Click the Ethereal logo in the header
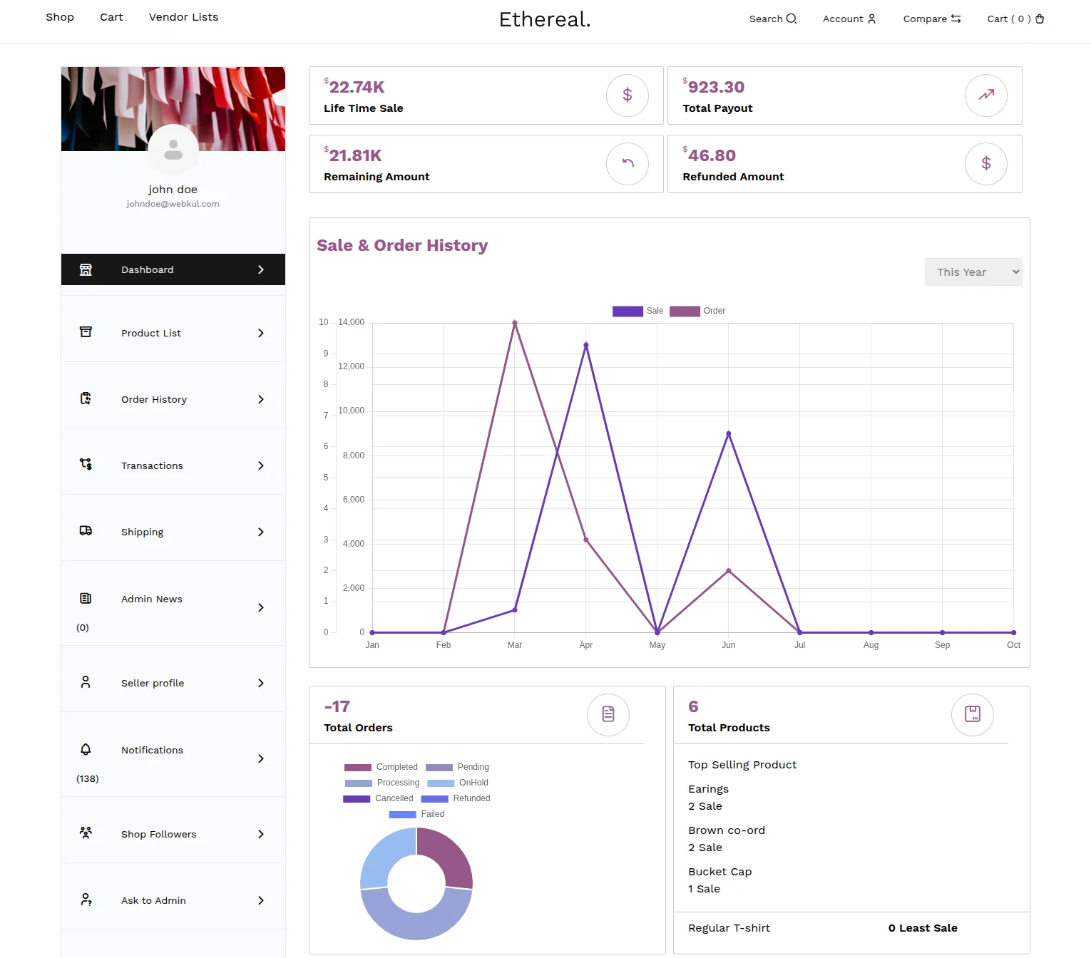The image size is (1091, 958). coord(545,19)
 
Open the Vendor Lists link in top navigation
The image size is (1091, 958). coord(183,17)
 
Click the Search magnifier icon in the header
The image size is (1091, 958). coord(792,19)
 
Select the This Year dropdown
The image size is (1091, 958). coord(973,272)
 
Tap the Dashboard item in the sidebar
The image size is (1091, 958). coord(173,269)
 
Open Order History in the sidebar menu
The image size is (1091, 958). coord(173,399)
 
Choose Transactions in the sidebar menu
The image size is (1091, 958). coord(173,465)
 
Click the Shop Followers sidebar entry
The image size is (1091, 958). coord(173,834)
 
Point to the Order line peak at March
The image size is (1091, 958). coord(515,323)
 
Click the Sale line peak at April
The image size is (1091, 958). coord(586,345)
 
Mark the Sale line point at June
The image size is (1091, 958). coord(728,433)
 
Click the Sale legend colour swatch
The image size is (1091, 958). coord(628,311)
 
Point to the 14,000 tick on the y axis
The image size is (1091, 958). coord(351,322)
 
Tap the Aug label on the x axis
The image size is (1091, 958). coord(871,645)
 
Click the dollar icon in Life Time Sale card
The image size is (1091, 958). coord(627,95)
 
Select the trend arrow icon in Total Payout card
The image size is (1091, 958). coord(985,95)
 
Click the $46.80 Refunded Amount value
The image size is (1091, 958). coord(712,155)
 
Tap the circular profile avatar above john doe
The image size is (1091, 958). coord(173,150)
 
